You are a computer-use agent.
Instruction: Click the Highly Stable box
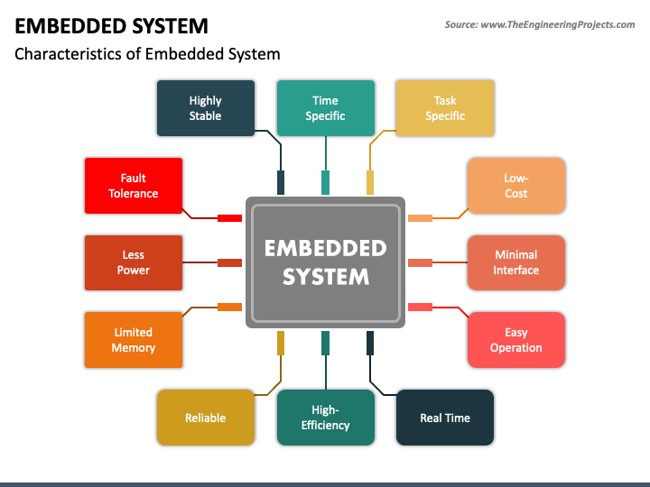[206, 108]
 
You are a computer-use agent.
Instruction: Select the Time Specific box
[326, 108]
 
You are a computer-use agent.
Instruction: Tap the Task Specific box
[445, 108]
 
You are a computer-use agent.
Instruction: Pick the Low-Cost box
[516, 186]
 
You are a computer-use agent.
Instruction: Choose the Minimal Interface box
[516, 262]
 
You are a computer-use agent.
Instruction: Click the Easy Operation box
[516, 340]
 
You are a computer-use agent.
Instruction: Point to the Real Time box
[445, 418]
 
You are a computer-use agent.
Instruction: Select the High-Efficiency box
[326, 418]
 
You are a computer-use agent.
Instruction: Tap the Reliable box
[206, 418]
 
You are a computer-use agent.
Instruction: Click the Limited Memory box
[134, 340]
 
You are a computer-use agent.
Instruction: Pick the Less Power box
[134, 262]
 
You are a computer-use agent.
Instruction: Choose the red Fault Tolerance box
[134, 186]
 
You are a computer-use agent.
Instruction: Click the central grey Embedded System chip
[325, 262]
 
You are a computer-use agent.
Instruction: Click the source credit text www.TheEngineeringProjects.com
[558, 24]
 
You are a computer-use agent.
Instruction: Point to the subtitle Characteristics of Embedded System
[147, 54]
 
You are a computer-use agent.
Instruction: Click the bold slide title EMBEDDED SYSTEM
[111, 26]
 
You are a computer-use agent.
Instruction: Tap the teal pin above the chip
[325, 182]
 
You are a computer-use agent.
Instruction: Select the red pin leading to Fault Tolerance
[229, 218]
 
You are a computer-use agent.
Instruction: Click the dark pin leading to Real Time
[370, 343]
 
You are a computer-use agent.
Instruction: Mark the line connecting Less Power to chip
[200, 262]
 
